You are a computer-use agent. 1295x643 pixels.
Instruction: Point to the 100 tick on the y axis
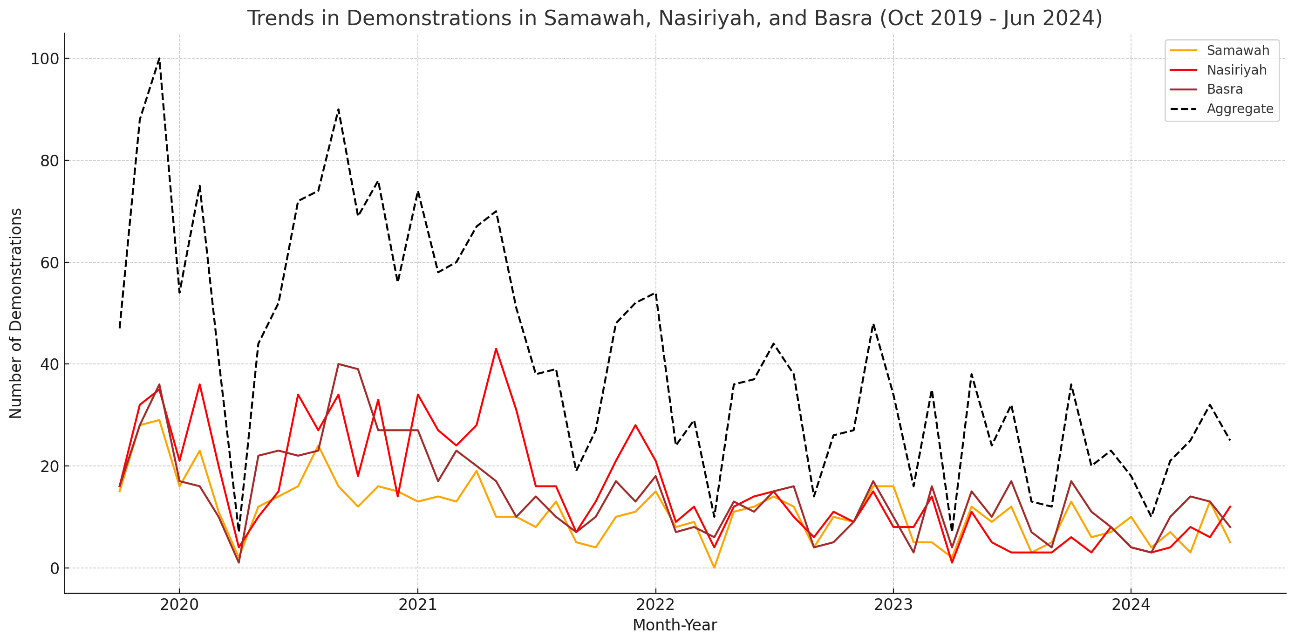click(x=45, y=59)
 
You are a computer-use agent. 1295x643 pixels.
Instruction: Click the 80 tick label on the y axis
click(x=49, y=161)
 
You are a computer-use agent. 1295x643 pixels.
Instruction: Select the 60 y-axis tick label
click(x=49, y=263)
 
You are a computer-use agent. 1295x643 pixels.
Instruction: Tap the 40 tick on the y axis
click(x=49, y=364)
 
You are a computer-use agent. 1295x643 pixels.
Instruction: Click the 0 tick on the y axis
click(x=55, y=568)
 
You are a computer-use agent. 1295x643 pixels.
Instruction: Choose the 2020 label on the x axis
click(x=179, y=605)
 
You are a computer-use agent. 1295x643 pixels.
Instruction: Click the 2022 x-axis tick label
click(x=655, y=605)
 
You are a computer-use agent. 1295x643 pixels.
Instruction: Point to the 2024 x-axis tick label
click(x=1131, y=605)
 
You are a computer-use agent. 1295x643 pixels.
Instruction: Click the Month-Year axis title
click(x=675, y=625)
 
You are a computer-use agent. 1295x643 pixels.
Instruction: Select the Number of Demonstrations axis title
click(x=16, y=313)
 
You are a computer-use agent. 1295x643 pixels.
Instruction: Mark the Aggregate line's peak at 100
click(x=159, y=58)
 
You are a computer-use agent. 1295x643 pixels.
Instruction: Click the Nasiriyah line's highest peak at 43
click(x=496, y=349)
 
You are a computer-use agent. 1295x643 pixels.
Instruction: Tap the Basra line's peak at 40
click(x=338, y=364)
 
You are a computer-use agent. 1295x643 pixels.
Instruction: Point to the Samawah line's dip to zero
click(x=714, y=568)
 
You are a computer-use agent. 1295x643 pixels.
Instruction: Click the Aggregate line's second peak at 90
click(x=338, y=109)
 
